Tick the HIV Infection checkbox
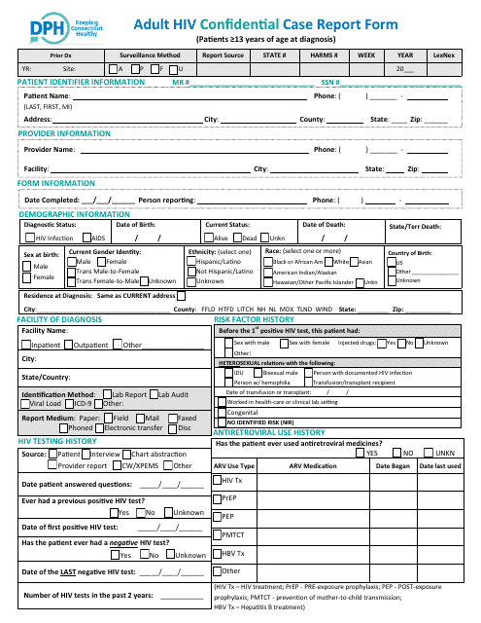[30, 238]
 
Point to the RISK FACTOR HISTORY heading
[254, 319]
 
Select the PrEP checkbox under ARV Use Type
[218, 498]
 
